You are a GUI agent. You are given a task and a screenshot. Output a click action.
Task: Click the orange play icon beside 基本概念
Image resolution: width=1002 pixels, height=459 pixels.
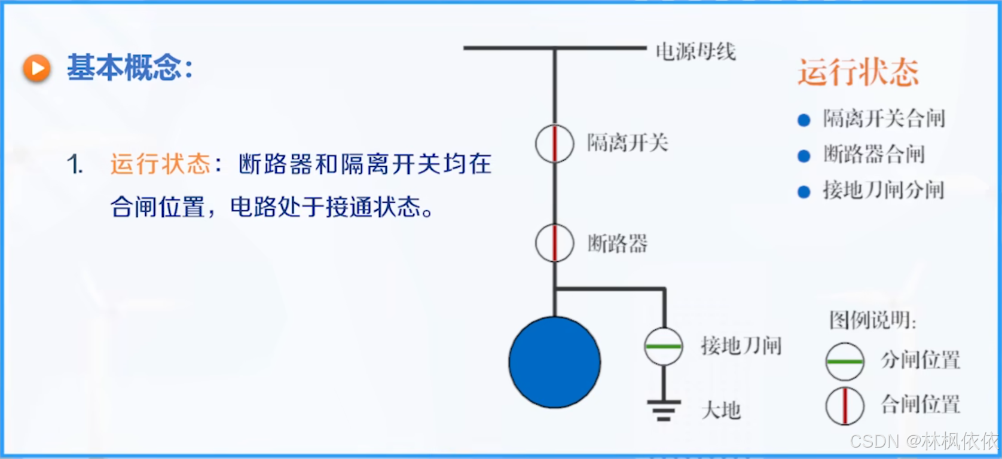point(37,68)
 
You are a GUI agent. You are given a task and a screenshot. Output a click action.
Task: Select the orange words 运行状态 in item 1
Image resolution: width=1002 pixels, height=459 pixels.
point(160,164)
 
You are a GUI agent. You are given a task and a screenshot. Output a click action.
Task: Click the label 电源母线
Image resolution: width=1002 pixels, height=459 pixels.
point(695,51)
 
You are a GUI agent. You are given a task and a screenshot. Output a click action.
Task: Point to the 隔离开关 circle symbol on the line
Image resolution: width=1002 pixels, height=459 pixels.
point(554,143)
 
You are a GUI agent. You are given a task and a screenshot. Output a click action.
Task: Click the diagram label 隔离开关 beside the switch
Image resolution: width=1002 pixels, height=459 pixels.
point(627,143)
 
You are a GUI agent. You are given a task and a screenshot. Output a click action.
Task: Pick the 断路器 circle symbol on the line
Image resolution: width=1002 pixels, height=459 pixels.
point(554,243)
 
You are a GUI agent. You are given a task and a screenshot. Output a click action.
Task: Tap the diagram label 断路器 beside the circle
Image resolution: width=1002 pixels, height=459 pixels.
point(617,244)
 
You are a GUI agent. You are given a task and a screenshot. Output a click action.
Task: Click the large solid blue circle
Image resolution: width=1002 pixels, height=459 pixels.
point(554,362)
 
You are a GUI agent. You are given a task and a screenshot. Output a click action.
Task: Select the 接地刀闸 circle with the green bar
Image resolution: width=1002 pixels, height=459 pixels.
point(664,346)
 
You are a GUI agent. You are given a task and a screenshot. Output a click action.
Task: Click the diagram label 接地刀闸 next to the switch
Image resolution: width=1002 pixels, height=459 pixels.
point(741,345)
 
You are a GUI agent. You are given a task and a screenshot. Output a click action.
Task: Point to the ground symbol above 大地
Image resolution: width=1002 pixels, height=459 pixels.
point(664,410)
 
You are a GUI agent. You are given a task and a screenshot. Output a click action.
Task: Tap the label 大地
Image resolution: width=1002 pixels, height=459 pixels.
point(721,411)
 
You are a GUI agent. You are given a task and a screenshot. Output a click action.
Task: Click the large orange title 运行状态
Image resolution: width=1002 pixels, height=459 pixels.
point(858,72)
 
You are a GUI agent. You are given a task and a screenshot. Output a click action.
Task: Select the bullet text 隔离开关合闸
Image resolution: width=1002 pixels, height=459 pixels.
point(884,118)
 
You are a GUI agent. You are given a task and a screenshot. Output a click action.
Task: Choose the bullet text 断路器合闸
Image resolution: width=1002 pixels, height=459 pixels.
point(873,154)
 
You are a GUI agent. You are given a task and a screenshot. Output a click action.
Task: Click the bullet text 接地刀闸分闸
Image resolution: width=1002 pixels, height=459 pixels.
point(883,190)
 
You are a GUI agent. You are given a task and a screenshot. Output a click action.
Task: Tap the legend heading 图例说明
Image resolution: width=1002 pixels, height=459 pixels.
point(872,320)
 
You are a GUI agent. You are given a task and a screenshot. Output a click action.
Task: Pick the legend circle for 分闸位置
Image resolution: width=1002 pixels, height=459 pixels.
point(845,362)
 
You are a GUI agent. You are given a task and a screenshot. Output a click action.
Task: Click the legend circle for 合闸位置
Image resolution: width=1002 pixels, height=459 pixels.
point(845,406)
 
